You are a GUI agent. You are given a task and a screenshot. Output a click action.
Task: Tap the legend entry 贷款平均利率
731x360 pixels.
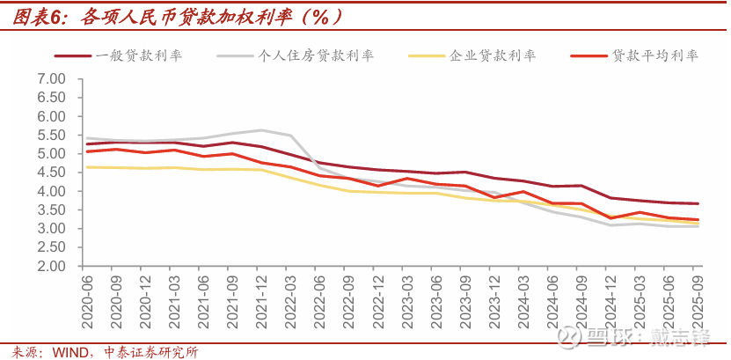click(x=655, y=55)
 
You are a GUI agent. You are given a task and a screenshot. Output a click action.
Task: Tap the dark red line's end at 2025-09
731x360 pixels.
click(x=698, y=203)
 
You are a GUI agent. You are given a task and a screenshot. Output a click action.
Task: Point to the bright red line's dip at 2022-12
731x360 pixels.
click(x=377, y=186)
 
